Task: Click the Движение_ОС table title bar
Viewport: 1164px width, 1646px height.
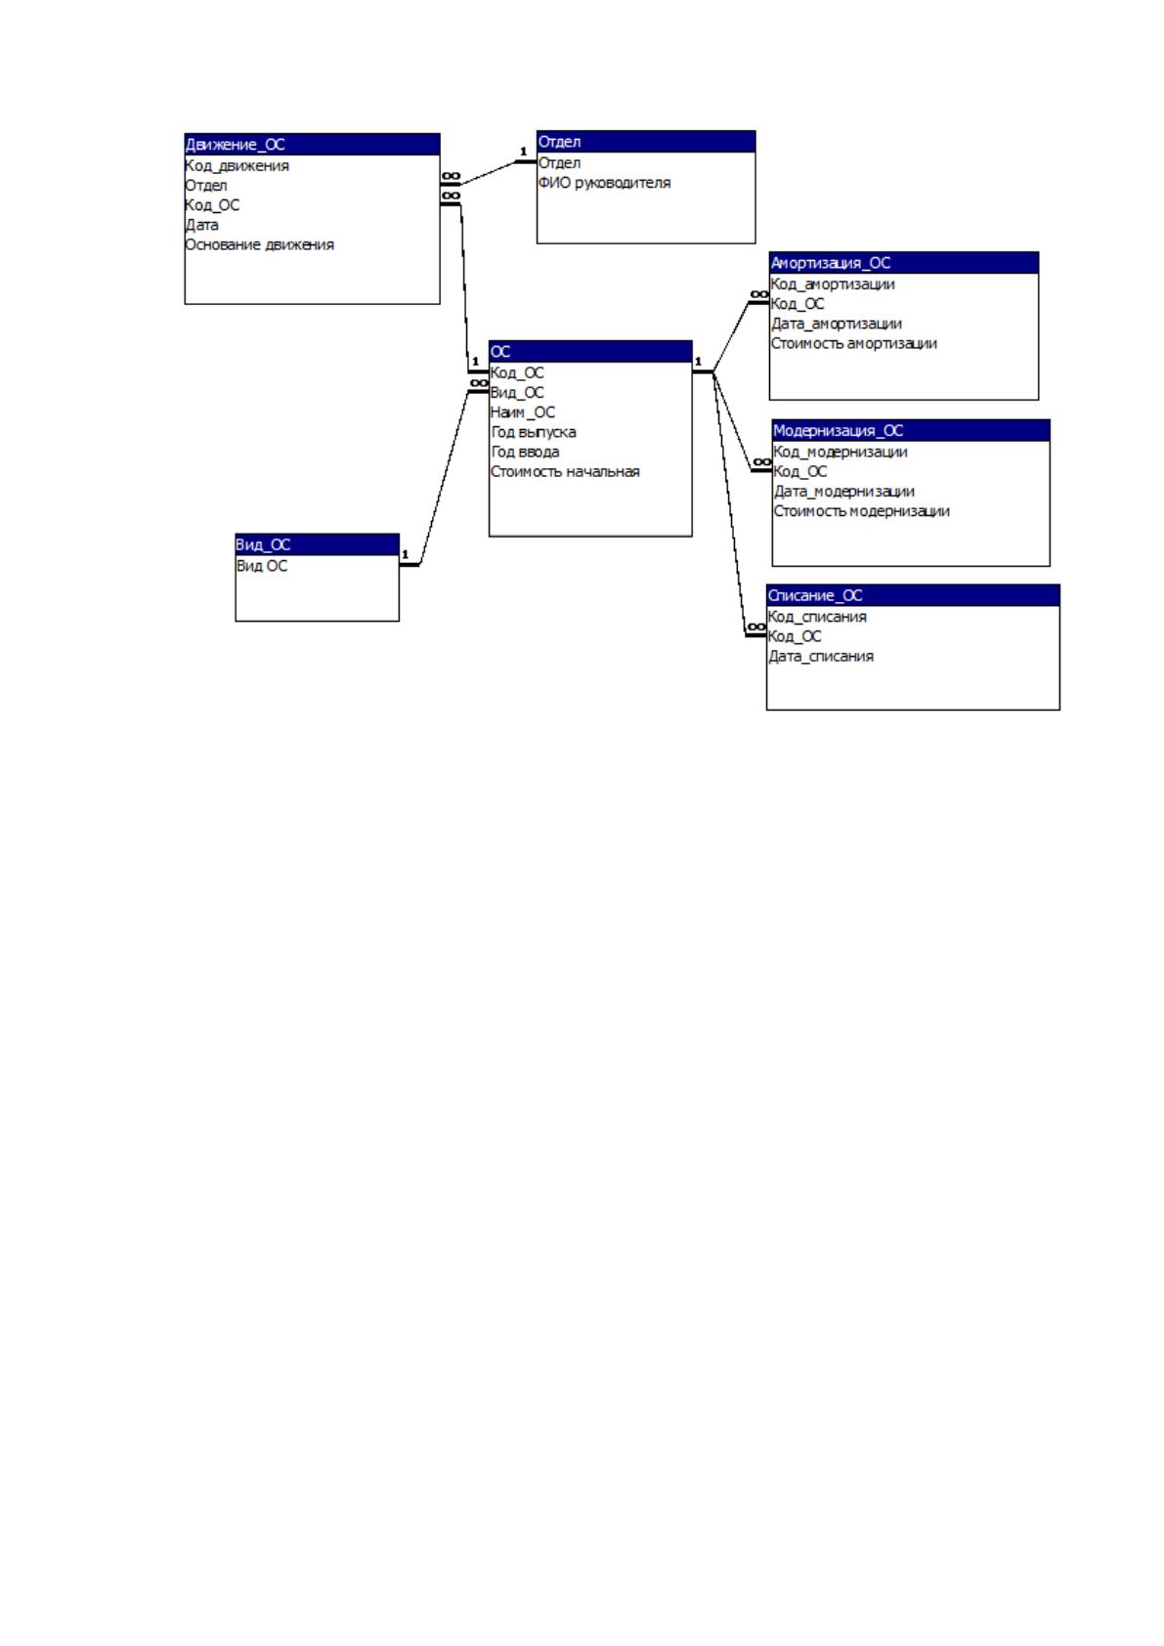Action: [313, 144]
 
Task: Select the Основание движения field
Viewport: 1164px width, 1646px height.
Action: [259, 244]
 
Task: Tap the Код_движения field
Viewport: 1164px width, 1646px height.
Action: [237, 166]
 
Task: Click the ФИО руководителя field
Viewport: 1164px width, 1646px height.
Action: [604, 183]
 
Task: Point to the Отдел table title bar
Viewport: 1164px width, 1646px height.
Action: [646, 142]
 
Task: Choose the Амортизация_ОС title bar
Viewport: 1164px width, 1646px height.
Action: [904, 263]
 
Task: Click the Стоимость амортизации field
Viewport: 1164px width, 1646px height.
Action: [854, 344]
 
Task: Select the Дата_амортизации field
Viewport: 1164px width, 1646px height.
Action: [837, 325]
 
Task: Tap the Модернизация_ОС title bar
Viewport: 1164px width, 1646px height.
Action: [911, 431]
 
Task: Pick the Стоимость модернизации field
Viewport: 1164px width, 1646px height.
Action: [861, 511]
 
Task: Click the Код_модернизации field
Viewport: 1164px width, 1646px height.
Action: [841, 452]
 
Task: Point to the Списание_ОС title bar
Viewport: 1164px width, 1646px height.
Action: [913, 595]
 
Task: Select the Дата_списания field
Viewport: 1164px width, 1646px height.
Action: [821, 656]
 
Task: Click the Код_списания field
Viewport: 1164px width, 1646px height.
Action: [817, 617]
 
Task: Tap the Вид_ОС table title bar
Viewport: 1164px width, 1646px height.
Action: [318, 544]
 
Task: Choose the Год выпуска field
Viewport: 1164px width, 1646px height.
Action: [534, 432]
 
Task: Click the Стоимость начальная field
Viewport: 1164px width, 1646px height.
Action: [565, 472]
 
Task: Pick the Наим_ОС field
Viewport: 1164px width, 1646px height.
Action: [523, 412]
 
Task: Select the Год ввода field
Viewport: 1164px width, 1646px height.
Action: [525, 452]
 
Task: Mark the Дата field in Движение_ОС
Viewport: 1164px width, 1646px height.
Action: [201, 225]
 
